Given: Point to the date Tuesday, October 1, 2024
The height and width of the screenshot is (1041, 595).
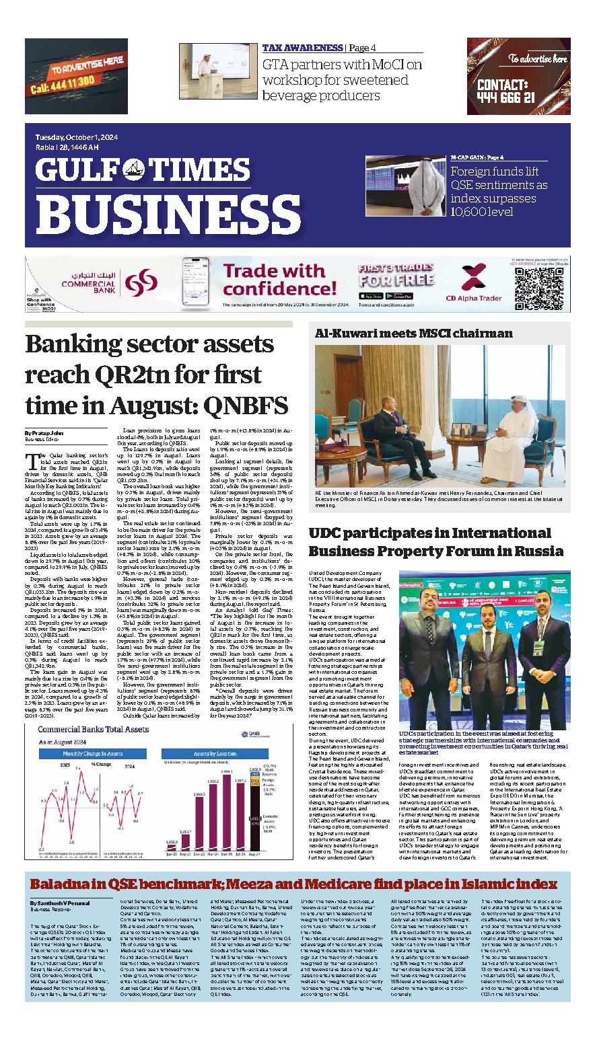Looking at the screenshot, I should point(77,138).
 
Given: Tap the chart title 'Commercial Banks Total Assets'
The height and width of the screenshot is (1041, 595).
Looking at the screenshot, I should point(93,730).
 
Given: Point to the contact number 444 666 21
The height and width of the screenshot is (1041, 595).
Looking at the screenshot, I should point(505,98).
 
